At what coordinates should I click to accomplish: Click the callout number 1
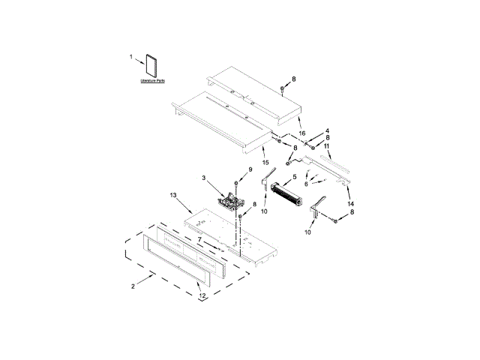[130, 57]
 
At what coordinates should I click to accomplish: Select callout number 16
[302, 133]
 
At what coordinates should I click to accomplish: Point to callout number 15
[265, 162]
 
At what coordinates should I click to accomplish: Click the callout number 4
[326, 130]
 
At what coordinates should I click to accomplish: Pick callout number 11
[326, 145]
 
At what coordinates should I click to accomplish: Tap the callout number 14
[351, 203]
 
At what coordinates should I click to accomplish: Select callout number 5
[295, 177]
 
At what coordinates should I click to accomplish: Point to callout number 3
[203, 178]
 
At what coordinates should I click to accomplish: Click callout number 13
[173, 194]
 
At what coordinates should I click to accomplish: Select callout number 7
[200, 240]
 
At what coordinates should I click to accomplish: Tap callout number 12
[202, 296]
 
